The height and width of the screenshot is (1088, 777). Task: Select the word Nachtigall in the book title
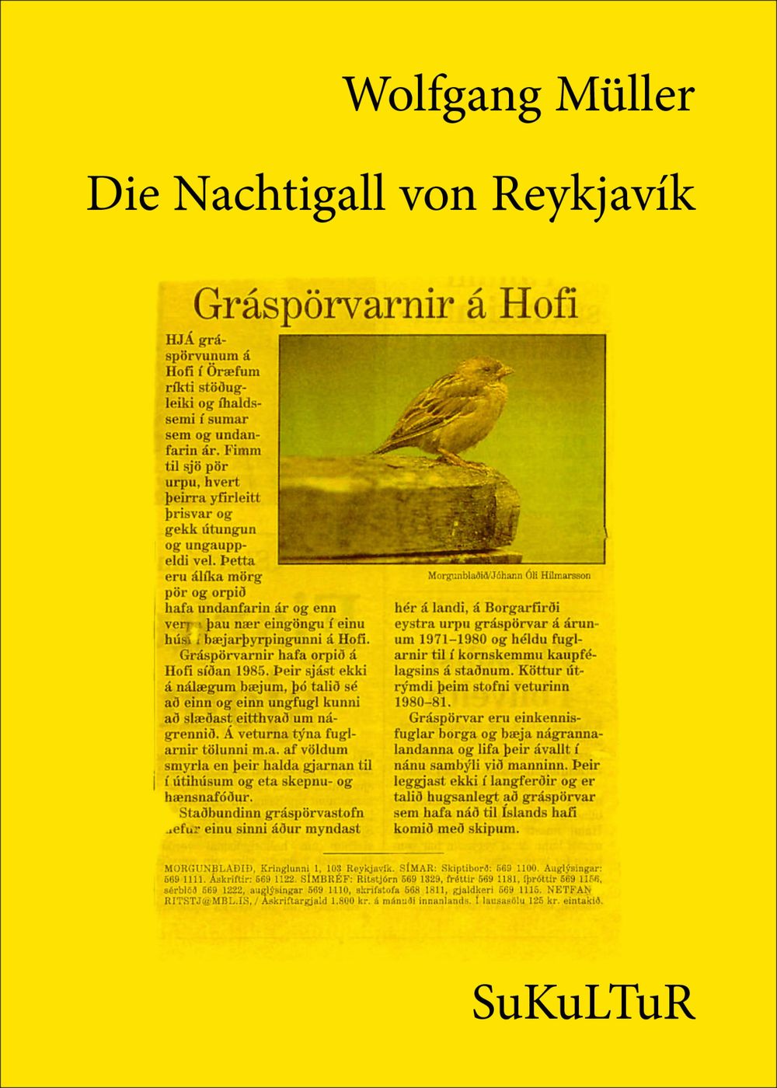coord(280,194)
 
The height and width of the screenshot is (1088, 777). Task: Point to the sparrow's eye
coord(490,367)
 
